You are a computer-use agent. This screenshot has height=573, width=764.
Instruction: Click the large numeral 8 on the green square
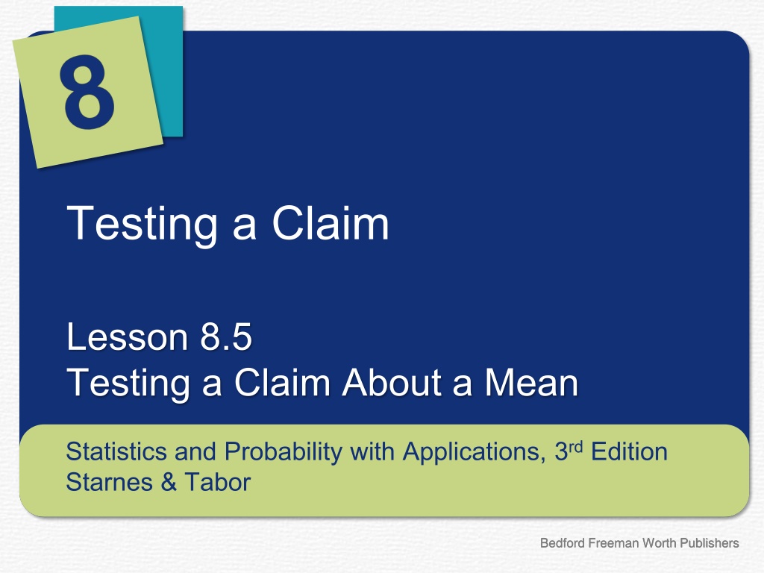click(87, 92)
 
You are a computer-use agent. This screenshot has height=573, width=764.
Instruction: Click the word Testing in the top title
click(142, 223)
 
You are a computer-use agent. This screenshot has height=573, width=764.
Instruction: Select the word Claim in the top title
click(331, 222)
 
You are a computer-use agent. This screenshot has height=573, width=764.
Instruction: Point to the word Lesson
click(127, 336)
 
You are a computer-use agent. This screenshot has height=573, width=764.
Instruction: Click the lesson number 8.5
click(226, 336)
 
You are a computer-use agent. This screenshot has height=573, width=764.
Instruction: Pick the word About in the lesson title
click(392, 382)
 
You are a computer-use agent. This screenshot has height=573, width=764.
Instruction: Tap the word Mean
click(531, 382)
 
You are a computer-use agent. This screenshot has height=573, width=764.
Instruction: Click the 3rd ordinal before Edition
click(569, 451)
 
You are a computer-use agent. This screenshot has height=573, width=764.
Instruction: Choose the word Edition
click(629, 451)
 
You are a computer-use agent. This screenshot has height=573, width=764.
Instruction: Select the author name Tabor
click(217, 482)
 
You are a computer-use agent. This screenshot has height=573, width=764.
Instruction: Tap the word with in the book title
click(372, 451)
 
